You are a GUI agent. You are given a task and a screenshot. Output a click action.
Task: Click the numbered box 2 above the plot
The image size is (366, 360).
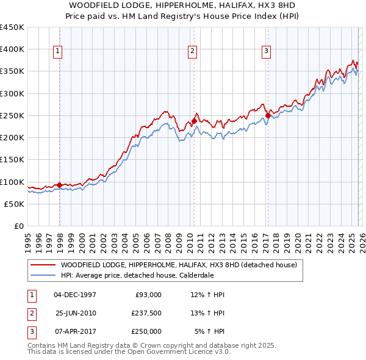pyautogui.click(x=192, y=51)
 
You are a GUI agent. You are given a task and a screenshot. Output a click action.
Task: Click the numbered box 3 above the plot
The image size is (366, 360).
pyautogui.click(x=267, y=51)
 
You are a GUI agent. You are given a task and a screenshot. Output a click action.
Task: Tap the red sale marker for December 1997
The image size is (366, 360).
pyautogui.click(x=59, y=185)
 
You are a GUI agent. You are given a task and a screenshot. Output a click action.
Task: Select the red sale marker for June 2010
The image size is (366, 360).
pyautogui.click(x=194, y=121)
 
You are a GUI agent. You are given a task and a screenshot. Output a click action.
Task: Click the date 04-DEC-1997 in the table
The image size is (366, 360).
pyautogui.click(x=75, y=295)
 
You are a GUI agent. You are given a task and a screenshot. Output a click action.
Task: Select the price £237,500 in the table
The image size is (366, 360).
pyautogui.click(x=146, y=313)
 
